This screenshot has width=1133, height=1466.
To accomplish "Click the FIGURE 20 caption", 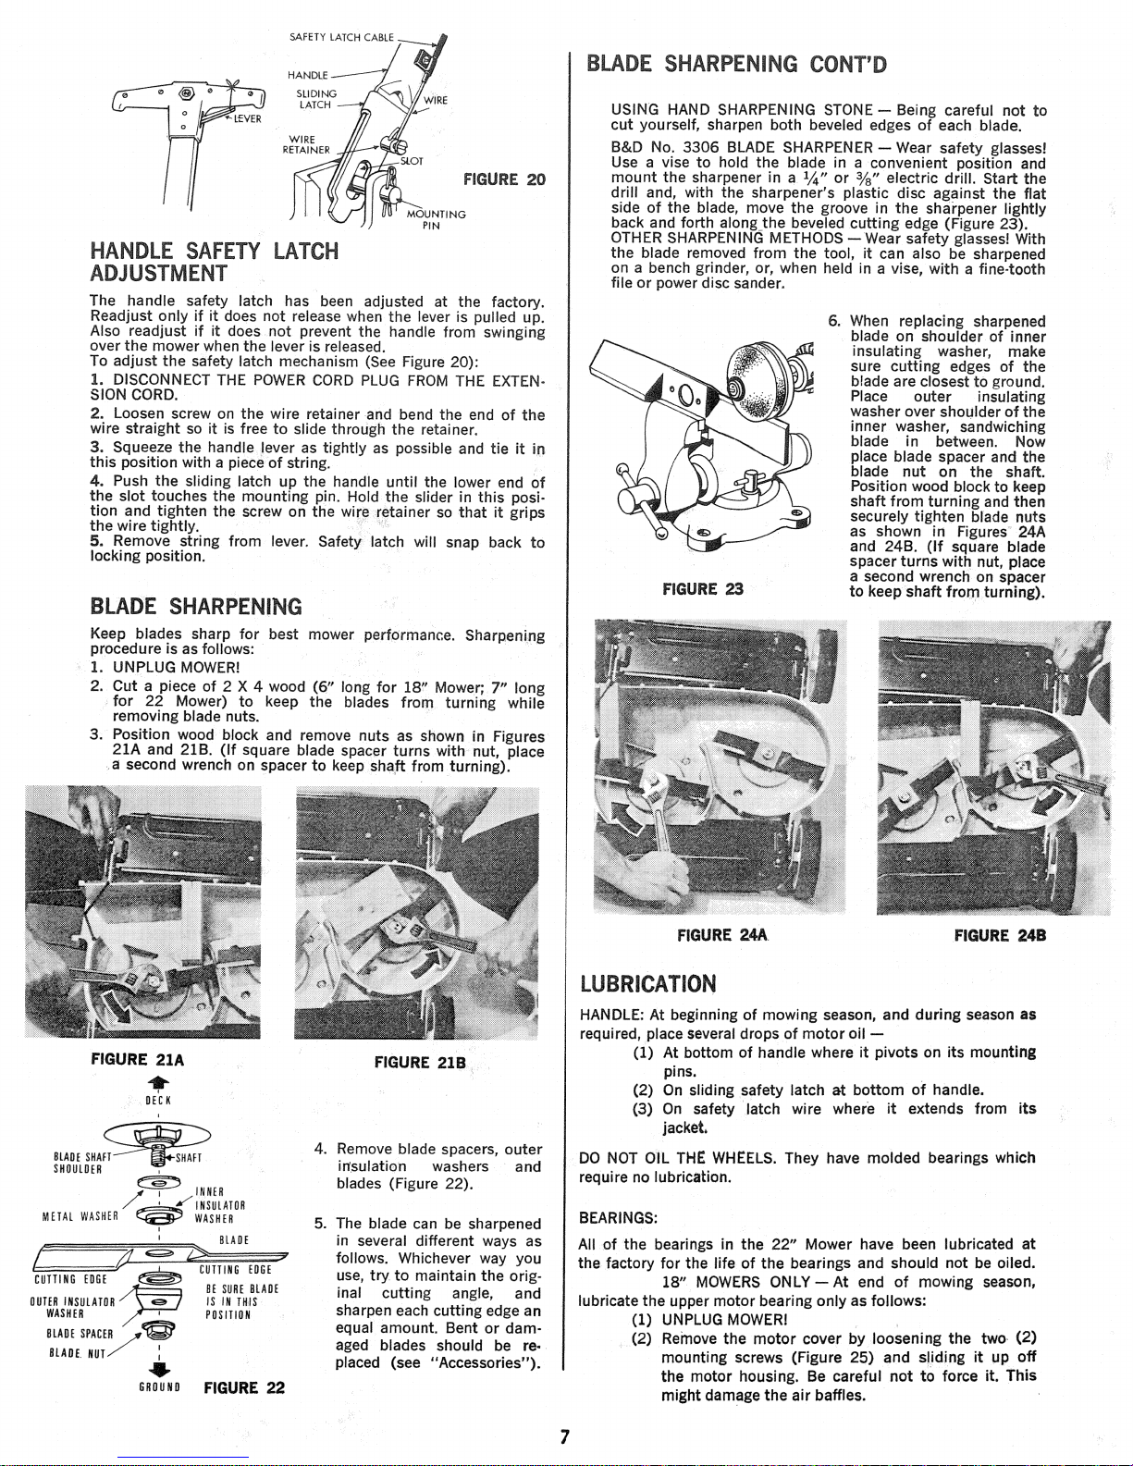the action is tap(504, 179).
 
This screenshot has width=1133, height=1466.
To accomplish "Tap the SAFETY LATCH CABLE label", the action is tap(341, 38).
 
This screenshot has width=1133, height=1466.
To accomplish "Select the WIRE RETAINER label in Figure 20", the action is tap(306, 144).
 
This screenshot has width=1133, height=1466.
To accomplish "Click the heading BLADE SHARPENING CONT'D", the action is tap(736, 64).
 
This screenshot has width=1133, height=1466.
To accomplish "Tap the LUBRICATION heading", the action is tap(648, 983).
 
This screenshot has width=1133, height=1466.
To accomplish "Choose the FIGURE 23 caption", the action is tap(703, 589).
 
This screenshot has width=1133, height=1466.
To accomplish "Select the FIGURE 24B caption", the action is tap(1000, 936).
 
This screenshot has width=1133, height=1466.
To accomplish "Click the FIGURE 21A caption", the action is tap(138, 1059).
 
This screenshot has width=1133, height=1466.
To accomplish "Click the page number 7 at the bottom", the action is tap(565, 1437).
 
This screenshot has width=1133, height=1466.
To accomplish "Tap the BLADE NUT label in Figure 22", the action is tap(77, 1353).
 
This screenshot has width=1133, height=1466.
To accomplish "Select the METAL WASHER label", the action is tap(80, 1217).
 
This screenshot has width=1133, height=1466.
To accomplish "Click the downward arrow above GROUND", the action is tap(157, 1365).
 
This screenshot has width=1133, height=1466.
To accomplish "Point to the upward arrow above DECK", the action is tap(157, 1083).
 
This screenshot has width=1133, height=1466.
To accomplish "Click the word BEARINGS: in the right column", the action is tap(618, 1218).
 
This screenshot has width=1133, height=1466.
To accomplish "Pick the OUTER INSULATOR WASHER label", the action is tap(73, 1307).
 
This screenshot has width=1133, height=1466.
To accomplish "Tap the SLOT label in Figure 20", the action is tap(412, 161).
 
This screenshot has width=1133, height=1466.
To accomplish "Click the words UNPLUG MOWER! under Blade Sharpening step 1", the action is tap(177, 668).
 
